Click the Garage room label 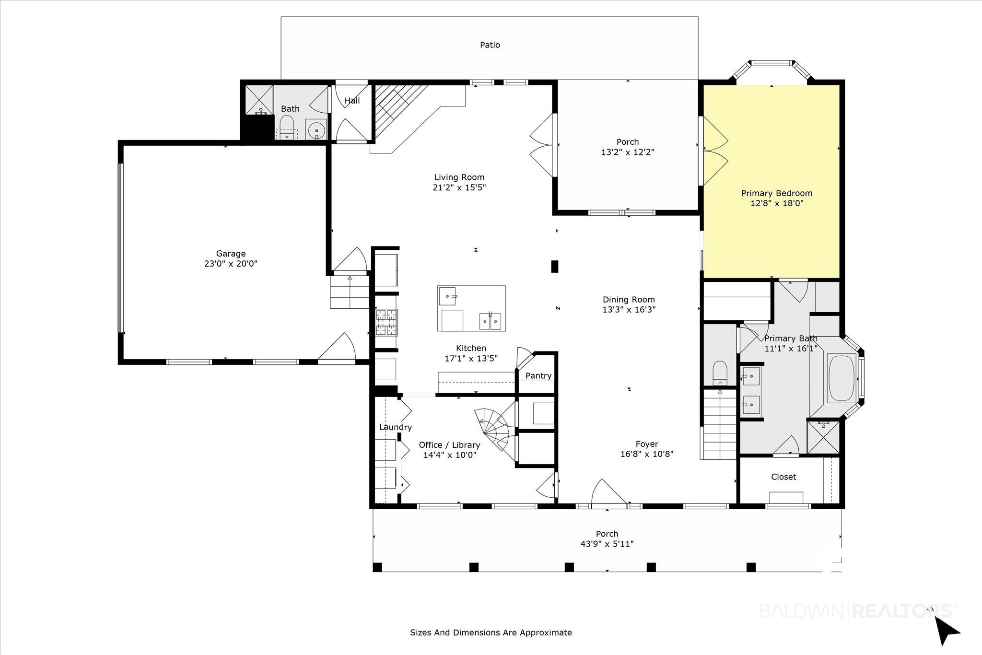coord(231,254)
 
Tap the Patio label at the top coord(490,45)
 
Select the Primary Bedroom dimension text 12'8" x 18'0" coord(777,203)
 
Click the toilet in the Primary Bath coord(720,373)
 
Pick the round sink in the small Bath coord(316,129)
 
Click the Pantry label coord(538,376)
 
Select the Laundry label coord(396,427)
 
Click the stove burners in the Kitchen coord(386,322)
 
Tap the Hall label coord(352,101)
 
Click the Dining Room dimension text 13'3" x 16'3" coord(629,310)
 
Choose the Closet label coord(783,477)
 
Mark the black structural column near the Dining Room coord(555,267)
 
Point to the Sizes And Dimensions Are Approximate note coord(491,632)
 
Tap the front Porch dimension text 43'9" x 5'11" coord(607,544)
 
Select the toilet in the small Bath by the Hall coord(287,127)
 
